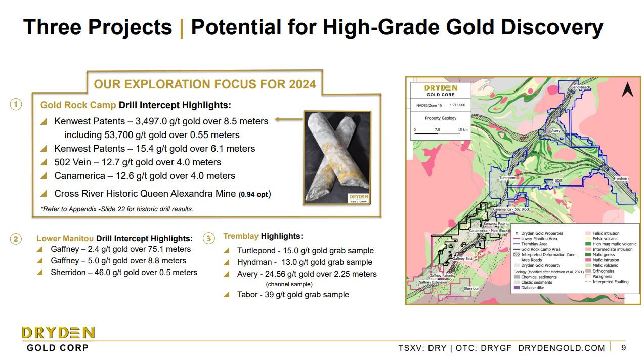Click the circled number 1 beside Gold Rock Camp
click(x=16, y=105)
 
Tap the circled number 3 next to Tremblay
click(x=208, y=238)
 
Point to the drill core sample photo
click(x=337, y=158)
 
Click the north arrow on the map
click(x=627, y=90)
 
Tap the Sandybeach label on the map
click(x=580, y=88)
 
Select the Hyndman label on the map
click(x=621, y=178)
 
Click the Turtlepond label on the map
click(x=507, y=178)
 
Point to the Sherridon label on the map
click(x=471, y=289)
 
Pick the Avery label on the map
click(x=555, y=131)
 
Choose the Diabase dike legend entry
click(x=529, y=287)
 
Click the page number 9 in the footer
click(x=623, y=347)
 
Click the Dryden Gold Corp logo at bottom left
click(x=58, y=338)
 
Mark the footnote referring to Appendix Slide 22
click(x=117, y=209)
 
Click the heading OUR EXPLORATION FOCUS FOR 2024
click(x=204, y=84)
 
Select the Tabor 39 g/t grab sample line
click(x=293, y=294)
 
